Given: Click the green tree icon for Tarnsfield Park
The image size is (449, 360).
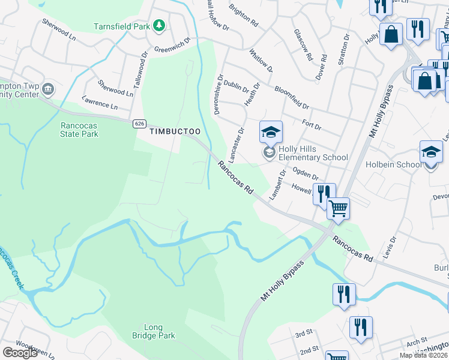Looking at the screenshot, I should click(x=159, y=25).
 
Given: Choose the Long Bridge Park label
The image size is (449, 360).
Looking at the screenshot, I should click(x=154, y=331).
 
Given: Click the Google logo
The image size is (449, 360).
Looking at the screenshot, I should click(x=20, y=353).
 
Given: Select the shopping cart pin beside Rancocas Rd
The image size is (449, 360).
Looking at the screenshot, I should click(x=339, y=209).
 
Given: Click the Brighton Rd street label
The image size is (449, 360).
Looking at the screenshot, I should click(x=244, y=15).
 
